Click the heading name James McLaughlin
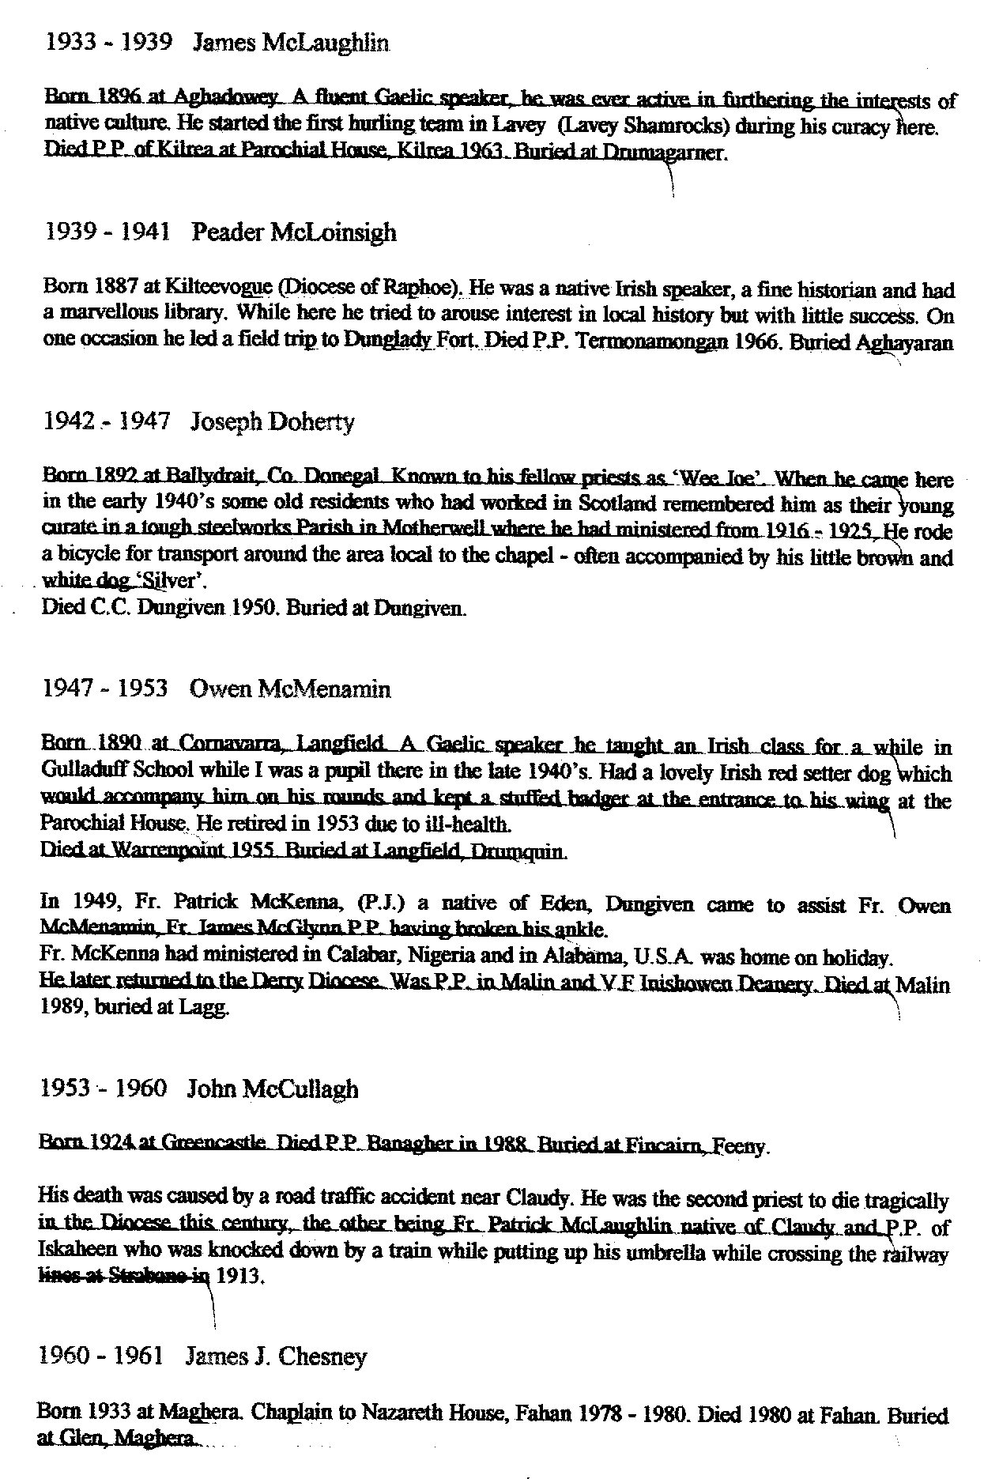pos(291,43)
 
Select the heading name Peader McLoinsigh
pos(294,232)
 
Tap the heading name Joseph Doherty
pos(273,421)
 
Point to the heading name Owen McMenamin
pos(290,689)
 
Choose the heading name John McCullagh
pos(273,1089)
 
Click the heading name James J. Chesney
pos(276,1357)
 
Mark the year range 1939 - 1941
pos(107,232)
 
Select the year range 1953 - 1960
pos(104,1089)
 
